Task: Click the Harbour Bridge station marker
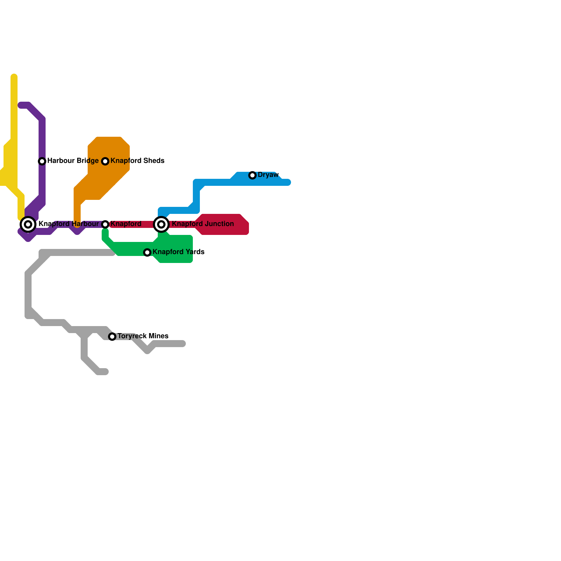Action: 42,161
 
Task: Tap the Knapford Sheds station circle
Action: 105,161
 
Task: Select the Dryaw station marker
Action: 252,175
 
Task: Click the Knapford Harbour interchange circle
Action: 28,224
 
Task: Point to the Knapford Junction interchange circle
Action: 161,224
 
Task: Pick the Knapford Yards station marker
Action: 147,252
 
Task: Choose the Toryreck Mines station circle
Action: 112,337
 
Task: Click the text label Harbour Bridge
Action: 73,161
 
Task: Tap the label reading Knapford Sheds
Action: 137,161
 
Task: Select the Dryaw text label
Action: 268,175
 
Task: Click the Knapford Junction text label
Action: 203,224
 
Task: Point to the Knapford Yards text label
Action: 178,252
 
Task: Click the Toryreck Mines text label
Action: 143,336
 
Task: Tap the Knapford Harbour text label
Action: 68,224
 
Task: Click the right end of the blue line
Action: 288,182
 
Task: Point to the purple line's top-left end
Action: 20,105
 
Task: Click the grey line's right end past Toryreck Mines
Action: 183,344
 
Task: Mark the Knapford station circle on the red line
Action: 105,224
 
